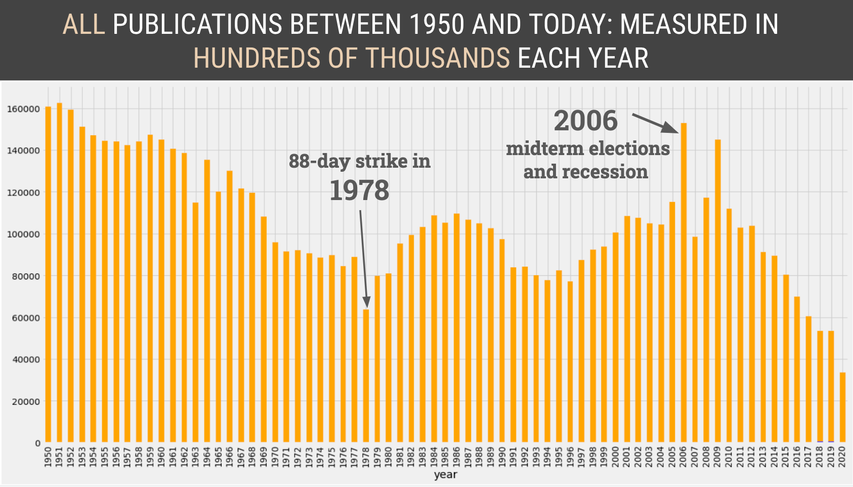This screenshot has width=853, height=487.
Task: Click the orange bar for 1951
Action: [x=59, y=273]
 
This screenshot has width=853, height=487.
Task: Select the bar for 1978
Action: [x=366, y=376]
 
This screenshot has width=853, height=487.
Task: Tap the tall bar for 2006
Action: [x=684, y=283]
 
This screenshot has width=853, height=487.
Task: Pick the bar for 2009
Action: [x=717, y=291]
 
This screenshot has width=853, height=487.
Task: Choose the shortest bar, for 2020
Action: [x=842, y=407]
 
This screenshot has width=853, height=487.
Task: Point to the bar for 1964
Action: [x=207, y=301]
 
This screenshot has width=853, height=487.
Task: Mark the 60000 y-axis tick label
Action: [x=24, y=318]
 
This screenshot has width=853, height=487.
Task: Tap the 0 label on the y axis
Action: [x=37, y=444]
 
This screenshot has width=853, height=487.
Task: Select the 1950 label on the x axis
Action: [x=48, y=457]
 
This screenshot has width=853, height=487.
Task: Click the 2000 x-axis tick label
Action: [x=616, y=457]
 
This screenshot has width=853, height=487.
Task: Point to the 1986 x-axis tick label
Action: [x=457, y=457]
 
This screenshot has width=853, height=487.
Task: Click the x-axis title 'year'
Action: [x=445, y=475]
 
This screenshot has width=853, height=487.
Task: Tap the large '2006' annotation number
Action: [x=585, y=121]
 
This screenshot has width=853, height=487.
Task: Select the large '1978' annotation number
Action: [x=359, y=191]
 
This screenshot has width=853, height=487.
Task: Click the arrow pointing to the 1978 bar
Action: [x=363, y=258]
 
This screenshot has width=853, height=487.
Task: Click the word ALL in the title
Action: [x=83, y=24]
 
